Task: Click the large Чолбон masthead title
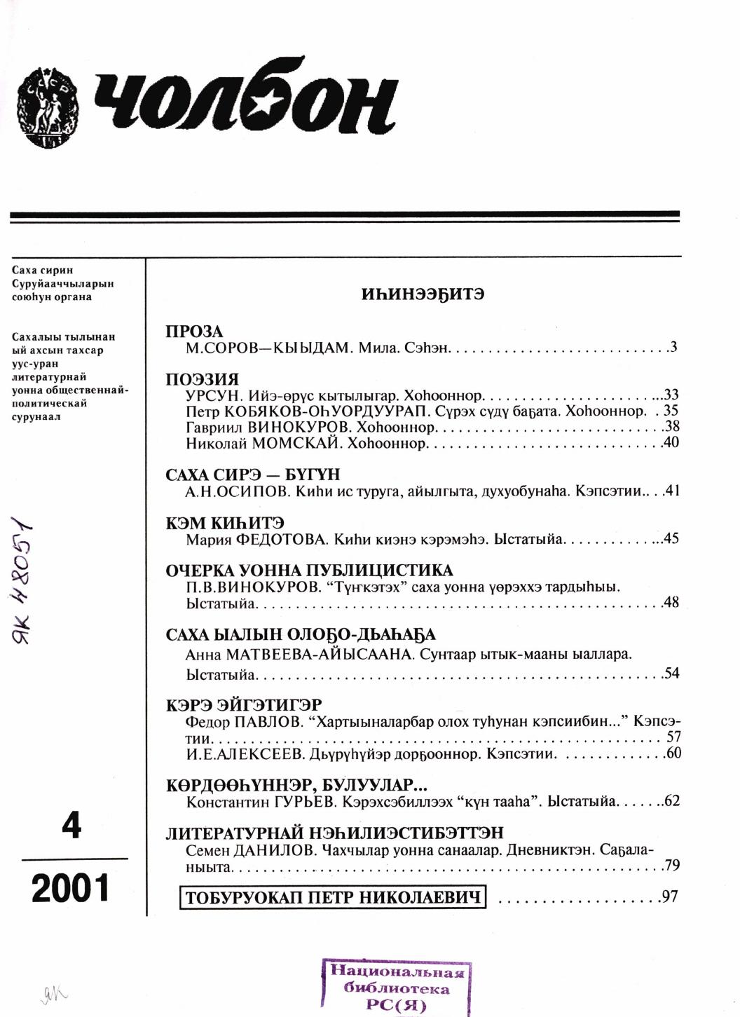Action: [x=245, y=104]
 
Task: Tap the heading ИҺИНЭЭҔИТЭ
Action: [x=423, y=294]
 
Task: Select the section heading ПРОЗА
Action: [x=194, y=332]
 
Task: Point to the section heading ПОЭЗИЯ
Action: [x=202, y=380]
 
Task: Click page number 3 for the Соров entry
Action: [x=673, y=346]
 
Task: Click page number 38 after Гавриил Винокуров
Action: [x=671, y=427]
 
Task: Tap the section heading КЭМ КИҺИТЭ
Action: [x=224, y=523]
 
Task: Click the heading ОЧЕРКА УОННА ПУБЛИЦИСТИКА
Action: [x=309, y=571]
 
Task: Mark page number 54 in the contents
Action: [x=671, y=674]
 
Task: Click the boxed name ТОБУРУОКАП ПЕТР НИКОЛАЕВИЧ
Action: [x=333, y=898]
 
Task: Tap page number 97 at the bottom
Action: [x=669, y=896]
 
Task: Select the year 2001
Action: [x=71, y=889]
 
